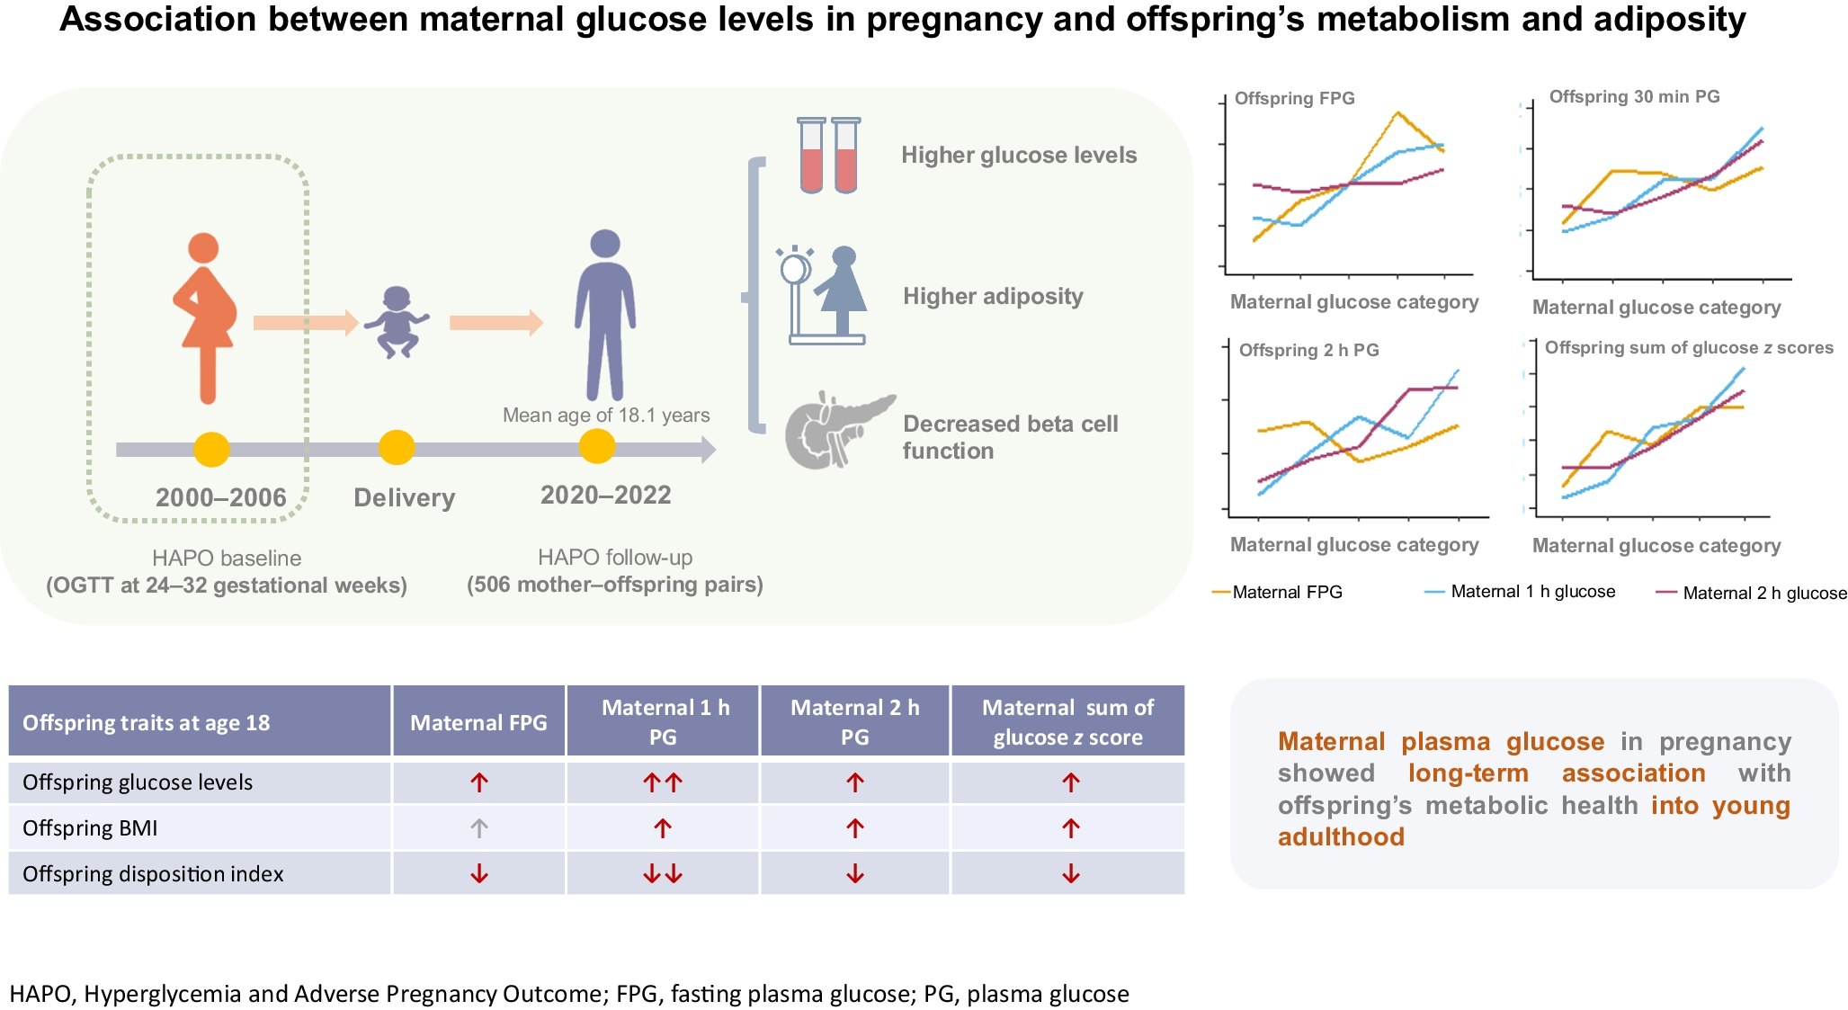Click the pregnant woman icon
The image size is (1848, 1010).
tap(205, 317)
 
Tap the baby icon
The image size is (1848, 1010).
tap(397, 322)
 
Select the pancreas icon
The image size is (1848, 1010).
tap(837, 430)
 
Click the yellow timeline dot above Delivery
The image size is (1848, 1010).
tap(397, 447)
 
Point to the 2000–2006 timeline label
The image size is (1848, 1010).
tap(220, 497)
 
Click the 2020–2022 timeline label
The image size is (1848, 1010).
tap(605, 495)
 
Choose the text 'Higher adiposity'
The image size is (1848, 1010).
tap(993, 296)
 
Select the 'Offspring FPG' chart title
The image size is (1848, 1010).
tap(1294, 98)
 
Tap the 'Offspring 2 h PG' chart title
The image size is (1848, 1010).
tap(1308, 350)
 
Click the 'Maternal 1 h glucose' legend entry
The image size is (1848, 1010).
tap(1531, 592)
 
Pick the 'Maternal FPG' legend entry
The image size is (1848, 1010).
tap(1286, 592)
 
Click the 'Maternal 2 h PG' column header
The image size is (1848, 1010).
tap(854, 721)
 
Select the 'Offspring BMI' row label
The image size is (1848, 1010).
tap(90, 828)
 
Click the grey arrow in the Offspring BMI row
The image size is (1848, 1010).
tap(479, 828)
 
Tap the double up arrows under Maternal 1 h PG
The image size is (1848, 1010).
tap(663, 782)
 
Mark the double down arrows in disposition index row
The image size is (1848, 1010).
tap(663, 874)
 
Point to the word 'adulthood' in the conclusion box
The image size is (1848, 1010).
tap(1341, 836)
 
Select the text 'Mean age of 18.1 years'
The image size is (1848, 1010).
tap(606, 415)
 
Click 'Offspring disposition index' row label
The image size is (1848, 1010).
tap(153, 874)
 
